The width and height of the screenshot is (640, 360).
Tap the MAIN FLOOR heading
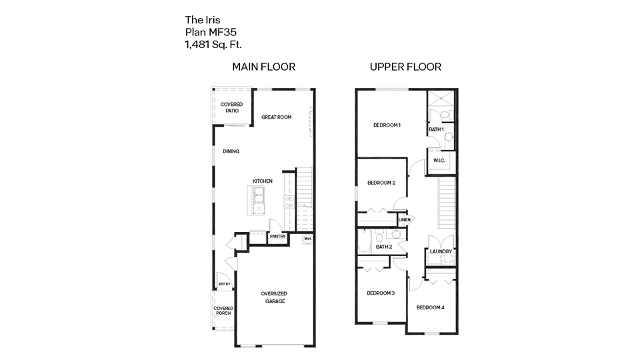[x=263, y=67]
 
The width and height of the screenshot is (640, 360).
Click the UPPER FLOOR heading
[x=405, y=67]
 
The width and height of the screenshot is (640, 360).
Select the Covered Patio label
[x=231, y=107]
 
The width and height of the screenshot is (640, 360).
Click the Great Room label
[x=276, y=117]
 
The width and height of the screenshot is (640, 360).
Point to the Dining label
[x=231, y=151]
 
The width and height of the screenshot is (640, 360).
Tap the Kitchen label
[x=262, y=181]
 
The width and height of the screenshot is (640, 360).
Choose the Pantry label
[x=277, y=236]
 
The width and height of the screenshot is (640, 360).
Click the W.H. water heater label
[x=307, y=238]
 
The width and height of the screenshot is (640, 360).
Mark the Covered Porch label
[x=223, y=311]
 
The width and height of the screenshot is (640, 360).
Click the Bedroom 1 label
[x=387, y=125]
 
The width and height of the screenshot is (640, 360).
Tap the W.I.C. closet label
[x=439, y=161]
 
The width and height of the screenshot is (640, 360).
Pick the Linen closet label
[x=404, y=219]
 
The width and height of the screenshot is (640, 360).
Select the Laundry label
[x=441, y=251]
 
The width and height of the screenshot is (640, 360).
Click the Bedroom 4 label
[x=430, y=307]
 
